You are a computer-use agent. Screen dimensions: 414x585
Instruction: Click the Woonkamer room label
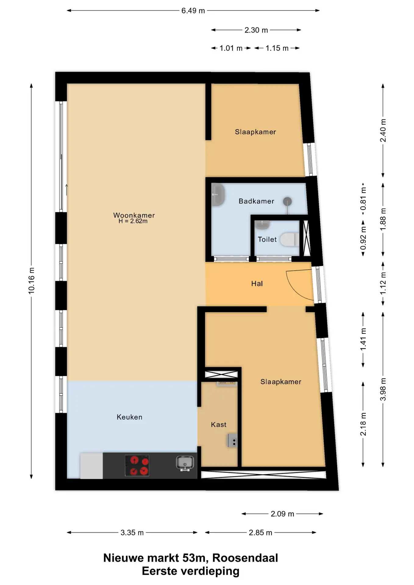point(134,215)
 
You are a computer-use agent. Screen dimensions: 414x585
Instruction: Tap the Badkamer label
point(256,201)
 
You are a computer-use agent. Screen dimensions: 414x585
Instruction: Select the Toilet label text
point(267,239)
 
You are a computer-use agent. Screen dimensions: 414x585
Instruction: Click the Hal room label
point(257,284)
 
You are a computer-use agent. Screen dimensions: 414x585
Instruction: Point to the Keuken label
point(130,417)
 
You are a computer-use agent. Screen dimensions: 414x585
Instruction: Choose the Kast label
point(219,425)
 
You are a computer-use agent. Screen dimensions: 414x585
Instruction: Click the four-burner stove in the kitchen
point(137,466)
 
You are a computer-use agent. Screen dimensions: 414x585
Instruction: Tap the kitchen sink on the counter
point(185,463)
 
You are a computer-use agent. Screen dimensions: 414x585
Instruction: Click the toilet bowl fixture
point(289,239)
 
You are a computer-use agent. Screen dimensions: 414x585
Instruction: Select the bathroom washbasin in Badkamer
point(218,194)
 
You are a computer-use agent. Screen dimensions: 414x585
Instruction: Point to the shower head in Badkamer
point(287,201)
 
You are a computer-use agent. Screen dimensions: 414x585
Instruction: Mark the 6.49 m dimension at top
point(193,11)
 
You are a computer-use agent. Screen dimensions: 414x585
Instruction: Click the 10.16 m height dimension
point(31,281)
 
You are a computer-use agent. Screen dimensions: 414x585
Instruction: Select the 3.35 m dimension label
point(132,533)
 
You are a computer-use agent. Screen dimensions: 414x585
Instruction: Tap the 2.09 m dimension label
point(282,514)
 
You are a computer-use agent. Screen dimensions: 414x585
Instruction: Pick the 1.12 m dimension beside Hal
point(383,284)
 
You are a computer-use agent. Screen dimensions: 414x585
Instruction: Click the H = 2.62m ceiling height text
point(133,222)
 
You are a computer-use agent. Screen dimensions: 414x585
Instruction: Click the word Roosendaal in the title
point(245,558)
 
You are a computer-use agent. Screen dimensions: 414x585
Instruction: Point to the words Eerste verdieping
point(191,571)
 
